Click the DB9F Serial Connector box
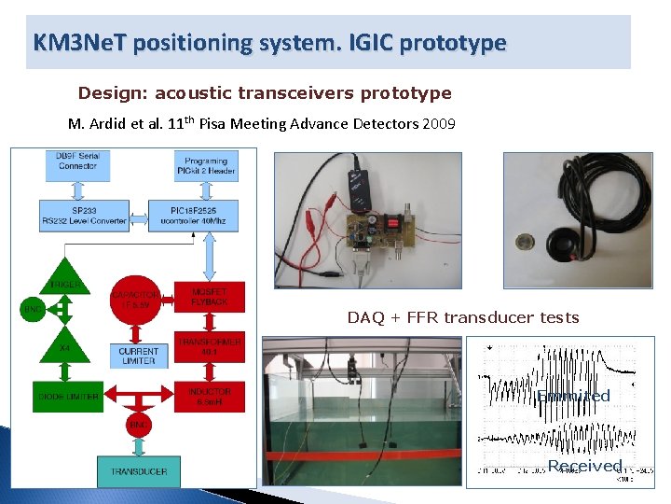[76, 165]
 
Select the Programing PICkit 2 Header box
[206, 165]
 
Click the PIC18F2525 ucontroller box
[206, 214]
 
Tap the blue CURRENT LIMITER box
[138, 356]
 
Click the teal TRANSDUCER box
[139, 471]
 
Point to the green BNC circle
[33, 309]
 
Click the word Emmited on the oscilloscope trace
[573, 396]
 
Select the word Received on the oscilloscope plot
[584, 466]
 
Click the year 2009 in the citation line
[438, 124]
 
